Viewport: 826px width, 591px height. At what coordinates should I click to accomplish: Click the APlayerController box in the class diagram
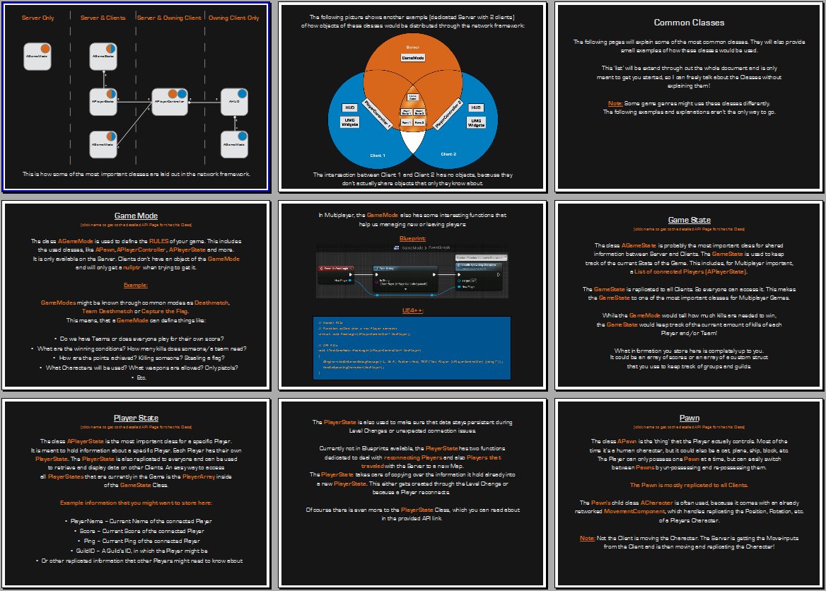pos(170,102)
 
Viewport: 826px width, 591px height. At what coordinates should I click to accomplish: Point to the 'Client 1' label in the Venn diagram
pos(377,155)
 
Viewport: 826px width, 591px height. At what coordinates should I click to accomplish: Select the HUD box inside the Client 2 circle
pos(476,107)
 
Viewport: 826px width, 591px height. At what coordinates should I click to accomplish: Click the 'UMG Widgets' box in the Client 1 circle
pos(349,122)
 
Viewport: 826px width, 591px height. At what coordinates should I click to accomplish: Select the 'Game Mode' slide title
pos(136,216)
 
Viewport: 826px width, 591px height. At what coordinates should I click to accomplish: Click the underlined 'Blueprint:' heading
pos(412,239)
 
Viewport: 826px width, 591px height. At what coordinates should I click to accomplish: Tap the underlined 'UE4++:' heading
pos(412,310)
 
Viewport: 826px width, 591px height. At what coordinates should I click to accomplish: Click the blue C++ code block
pos(412,348)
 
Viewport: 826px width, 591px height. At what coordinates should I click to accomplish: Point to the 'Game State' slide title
pos(689,220)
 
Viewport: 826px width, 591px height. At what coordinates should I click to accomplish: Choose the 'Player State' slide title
pos(136,418)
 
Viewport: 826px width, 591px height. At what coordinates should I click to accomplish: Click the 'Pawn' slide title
pos(689,418)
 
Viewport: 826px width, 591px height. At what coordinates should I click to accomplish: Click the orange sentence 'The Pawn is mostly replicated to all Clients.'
pos(689,485)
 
